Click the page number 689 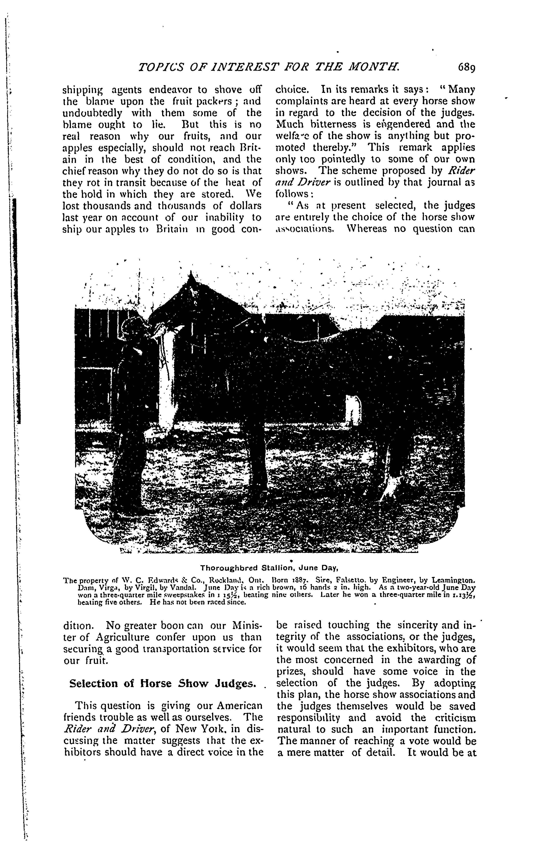click(463, 67)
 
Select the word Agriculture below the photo click(126, 637)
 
